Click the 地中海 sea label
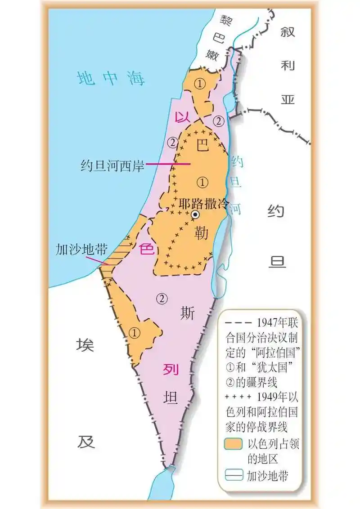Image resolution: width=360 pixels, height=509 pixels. pos(111,78)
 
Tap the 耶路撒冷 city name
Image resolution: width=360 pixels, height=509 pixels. pos(207,203)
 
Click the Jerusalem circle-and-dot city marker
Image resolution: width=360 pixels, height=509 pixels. pos(195,215)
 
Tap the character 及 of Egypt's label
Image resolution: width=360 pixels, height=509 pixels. pos(85,442)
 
